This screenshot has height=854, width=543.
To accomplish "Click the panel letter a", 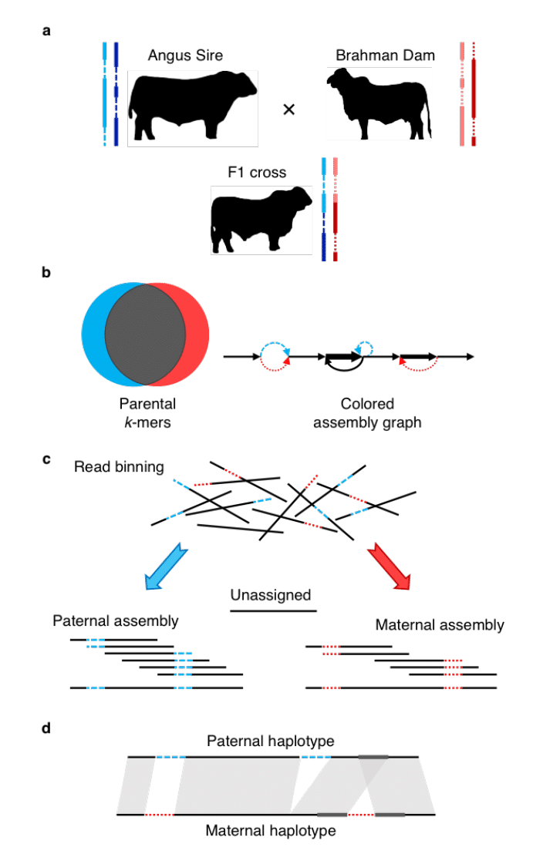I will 47,32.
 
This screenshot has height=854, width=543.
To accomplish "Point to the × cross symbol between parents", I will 289,109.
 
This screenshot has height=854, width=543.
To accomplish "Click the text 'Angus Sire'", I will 186,55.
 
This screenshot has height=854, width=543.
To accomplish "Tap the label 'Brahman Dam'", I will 385,55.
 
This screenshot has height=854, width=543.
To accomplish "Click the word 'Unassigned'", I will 271,594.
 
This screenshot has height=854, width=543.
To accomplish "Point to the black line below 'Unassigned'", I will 274,611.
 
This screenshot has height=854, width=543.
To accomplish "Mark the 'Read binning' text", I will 119,466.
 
